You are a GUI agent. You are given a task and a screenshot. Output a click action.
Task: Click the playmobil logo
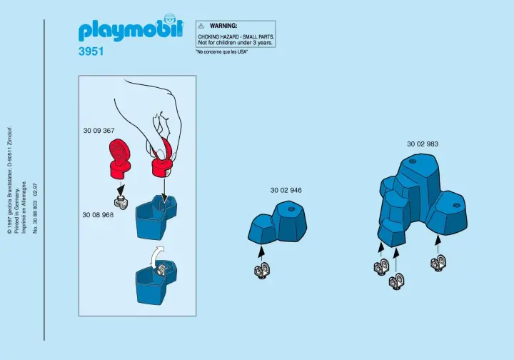point(131,28)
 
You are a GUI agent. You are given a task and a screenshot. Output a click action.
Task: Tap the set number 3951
point(91,51)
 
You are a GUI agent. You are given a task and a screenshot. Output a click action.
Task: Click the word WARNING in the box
point(223,26)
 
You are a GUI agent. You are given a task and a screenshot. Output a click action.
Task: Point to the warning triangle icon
point(201,26)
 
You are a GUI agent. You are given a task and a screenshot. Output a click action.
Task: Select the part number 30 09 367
point(99,131)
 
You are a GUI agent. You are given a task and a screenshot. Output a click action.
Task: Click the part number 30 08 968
point(98,215)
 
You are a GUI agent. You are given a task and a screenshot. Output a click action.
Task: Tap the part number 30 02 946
point(286,190)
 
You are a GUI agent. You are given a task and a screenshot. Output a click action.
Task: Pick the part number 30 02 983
point(423,144)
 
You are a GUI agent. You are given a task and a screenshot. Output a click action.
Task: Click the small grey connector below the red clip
point(121,202)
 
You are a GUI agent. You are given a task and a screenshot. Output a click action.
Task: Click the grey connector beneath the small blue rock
point(262,271)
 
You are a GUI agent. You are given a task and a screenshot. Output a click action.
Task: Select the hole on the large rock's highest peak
point(413,161)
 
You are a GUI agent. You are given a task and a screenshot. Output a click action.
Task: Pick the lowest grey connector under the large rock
point(396,281)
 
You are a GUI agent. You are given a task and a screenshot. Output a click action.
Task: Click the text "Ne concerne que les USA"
point(221,52)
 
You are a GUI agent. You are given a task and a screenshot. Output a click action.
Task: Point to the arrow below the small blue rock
point(261,253)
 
